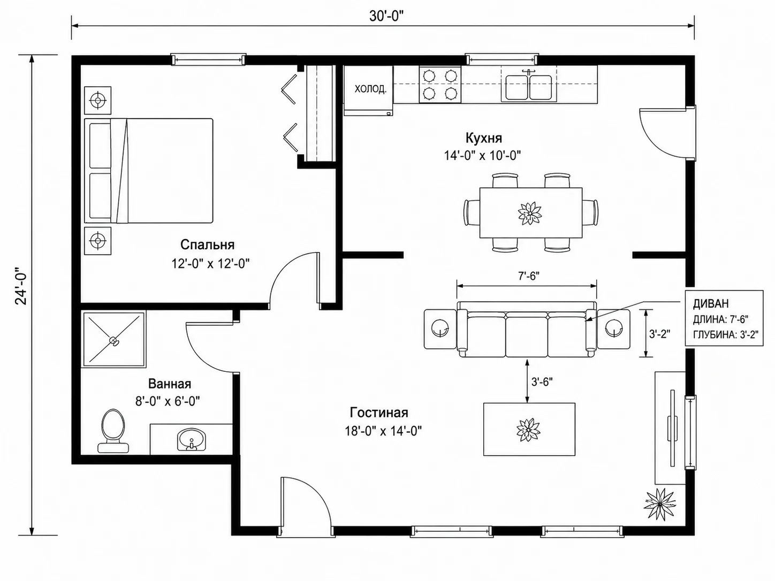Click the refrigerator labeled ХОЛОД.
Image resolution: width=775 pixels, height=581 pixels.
coord(369,90)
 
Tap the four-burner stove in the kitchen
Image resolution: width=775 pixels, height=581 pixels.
coord(440,85)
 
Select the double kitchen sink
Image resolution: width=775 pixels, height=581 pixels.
coord(528,87)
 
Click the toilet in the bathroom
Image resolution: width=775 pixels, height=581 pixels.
coord(113,431)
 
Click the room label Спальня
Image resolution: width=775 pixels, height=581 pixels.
coord(207,244)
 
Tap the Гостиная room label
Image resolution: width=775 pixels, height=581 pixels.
coord(379,412)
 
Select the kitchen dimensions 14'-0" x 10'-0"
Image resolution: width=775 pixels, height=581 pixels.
coord(482,155)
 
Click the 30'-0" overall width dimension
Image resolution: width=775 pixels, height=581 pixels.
coord(386,16)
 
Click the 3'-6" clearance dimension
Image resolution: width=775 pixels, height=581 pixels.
coord(542,381)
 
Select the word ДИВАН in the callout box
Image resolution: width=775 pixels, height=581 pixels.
coord(711,303)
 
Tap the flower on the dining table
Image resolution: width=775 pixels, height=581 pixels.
coord(530,213)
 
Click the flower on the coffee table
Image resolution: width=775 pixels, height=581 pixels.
coord(528,429)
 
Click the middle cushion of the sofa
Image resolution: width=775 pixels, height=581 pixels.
coord(527,336)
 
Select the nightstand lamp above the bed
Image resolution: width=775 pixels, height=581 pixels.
coord(97,101)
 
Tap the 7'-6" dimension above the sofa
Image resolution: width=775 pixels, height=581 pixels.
coord(529,276)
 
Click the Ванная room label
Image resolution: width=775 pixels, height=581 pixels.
coord(170,384)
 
